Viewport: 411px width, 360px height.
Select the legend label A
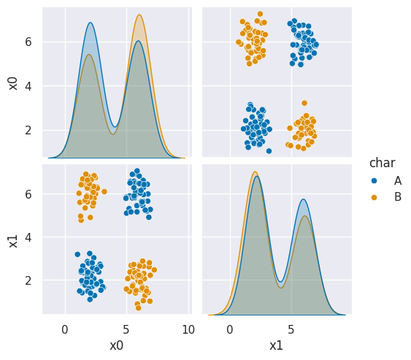point(398,180)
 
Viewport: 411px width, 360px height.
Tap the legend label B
point(398,196)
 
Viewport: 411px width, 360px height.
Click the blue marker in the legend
point(374,180)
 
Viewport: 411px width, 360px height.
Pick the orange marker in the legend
point(374,196)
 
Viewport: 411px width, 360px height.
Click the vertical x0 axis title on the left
point(13,83)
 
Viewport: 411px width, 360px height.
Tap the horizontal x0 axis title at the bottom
point(117,345)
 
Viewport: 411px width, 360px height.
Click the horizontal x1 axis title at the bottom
point(276,345)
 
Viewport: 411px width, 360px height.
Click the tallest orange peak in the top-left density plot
point(139,15)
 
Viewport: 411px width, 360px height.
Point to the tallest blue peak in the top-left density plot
point(91,23)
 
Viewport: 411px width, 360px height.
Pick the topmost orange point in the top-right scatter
point(260,14)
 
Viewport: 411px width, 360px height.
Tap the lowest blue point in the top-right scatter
point(269,151)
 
